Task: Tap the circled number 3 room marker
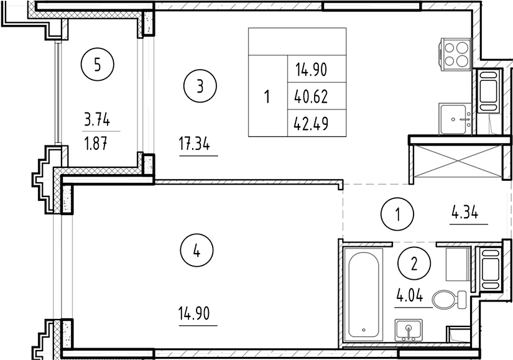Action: [x=200, y=86]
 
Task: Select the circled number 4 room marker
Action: [x=196, y=252]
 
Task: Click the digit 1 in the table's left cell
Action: [x=267, y=96]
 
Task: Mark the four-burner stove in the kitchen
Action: [x=457, y=54]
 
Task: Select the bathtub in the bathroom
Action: [x=365, y=293]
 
